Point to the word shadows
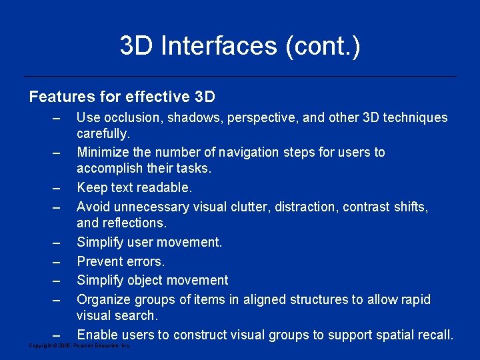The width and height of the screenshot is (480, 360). point(191,118)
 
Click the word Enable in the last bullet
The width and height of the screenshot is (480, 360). point(97,335)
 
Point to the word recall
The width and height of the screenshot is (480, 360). point(434,335)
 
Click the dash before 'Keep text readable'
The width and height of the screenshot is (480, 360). point(57,189)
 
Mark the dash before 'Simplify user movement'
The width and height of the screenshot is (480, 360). point(57,243)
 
